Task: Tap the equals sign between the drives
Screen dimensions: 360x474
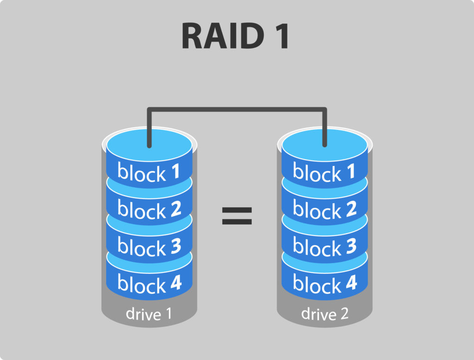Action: [237, 216]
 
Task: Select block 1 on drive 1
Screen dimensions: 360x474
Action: [149, 172]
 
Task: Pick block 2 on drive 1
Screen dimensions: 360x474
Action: [149, 209]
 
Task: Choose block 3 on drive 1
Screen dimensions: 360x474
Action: [149, 246]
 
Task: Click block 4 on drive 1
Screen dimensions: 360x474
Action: [149, 283]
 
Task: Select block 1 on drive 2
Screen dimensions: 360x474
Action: [324, 172]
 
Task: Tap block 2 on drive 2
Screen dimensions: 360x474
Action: [324, 209]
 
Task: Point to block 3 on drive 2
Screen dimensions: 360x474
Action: [324, 246]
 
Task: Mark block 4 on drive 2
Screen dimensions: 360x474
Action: [324, 283]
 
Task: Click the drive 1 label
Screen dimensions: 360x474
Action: [149, 314]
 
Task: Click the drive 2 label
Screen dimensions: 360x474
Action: [324, 314]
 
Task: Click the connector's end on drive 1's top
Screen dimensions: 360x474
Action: [149, 144]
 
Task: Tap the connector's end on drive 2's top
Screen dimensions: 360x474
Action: [324, 144]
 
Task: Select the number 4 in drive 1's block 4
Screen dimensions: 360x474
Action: [175, 283]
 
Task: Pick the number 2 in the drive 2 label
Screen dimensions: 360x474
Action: [344, 314]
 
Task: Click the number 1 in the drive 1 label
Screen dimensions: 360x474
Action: [168, 314]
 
